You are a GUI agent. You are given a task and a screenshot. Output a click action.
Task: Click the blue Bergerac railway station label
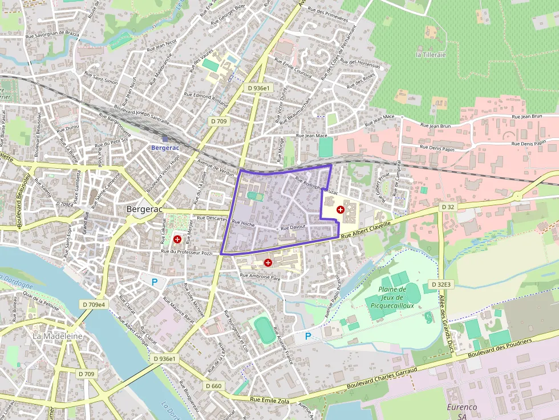[165, 148]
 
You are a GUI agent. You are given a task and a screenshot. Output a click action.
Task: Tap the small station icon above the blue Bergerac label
[165, 138]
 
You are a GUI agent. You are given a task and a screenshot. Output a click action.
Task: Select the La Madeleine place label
[57, 336]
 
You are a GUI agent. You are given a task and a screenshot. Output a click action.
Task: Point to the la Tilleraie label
[431, 55]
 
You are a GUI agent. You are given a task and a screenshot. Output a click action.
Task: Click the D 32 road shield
[448, 207]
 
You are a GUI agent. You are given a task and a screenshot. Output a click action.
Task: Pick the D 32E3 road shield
[441, 284]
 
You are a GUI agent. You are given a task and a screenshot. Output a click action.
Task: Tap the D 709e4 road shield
[94, 305]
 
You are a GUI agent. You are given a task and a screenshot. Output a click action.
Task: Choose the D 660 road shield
[213, 386]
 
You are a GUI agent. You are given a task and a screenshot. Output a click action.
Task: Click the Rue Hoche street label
[243, 224]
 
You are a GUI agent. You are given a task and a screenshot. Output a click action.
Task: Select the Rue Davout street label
[294, 227]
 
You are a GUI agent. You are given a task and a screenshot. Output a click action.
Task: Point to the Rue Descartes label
[212, 218]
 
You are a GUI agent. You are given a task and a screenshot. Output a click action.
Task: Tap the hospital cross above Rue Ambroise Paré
[268, 263]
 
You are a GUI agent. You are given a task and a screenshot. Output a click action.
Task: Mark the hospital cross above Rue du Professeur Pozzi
[177, 239]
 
